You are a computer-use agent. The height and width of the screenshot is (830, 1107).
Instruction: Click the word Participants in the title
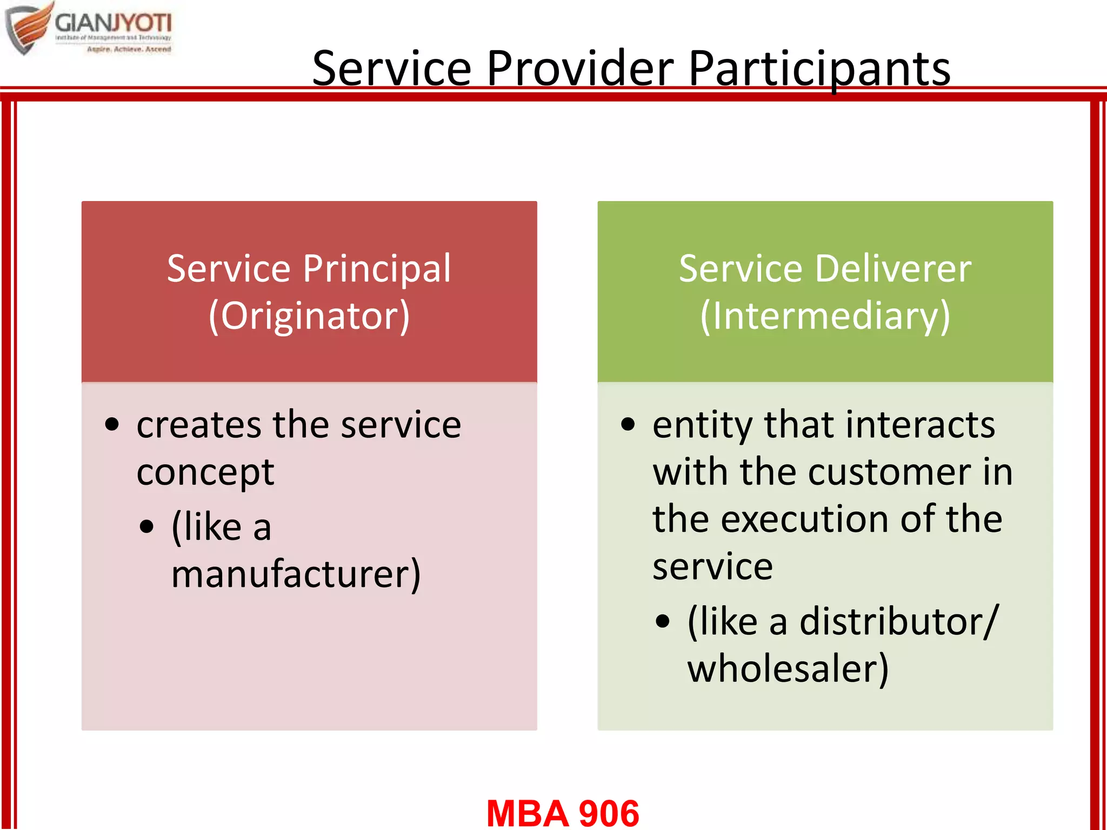(x=819, y=69)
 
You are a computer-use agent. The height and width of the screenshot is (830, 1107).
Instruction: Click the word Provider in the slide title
(x=579, y=69)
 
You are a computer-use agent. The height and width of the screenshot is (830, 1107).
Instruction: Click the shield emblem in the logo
(x=28, y=28)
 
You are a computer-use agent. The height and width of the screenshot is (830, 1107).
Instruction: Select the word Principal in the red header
(x=376, y=269)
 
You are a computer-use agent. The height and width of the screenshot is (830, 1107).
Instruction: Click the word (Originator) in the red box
(x=309, y=316)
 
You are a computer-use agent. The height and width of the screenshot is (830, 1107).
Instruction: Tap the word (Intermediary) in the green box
(x=825, y=316)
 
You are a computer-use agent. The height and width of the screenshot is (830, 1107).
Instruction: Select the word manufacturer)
(x=296, y=574)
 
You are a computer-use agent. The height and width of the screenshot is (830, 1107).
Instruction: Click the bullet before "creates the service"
(x=112, y=425)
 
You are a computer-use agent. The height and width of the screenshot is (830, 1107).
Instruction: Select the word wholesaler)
(x=788, y=669)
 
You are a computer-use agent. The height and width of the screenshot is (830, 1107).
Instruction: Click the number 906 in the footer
(x=609, y=813)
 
